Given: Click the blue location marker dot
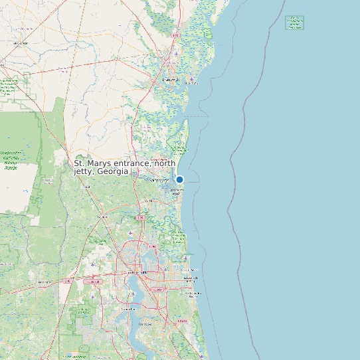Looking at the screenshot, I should tap(179, 179).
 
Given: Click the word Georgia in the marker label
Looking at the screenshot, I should tap(112, 171).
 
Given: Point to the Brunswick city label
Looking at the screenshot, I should tap(170, 80).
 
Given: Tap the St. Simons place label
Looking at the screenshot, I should tap(192, 84).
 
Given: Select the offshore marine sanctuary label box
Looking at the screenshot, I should tap(294, 23).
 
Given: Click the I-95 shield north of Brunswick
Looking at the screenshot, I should tap(175, 35).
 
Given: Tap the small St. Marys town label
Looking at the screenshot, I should tap(159, 180).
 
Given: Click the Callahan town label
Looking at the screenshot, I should tap(102, 217).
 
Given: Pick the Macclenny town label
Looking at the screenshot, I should tap(45, 282).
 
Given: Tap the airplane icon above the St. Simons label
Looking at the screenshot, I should tap(191, 78).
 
